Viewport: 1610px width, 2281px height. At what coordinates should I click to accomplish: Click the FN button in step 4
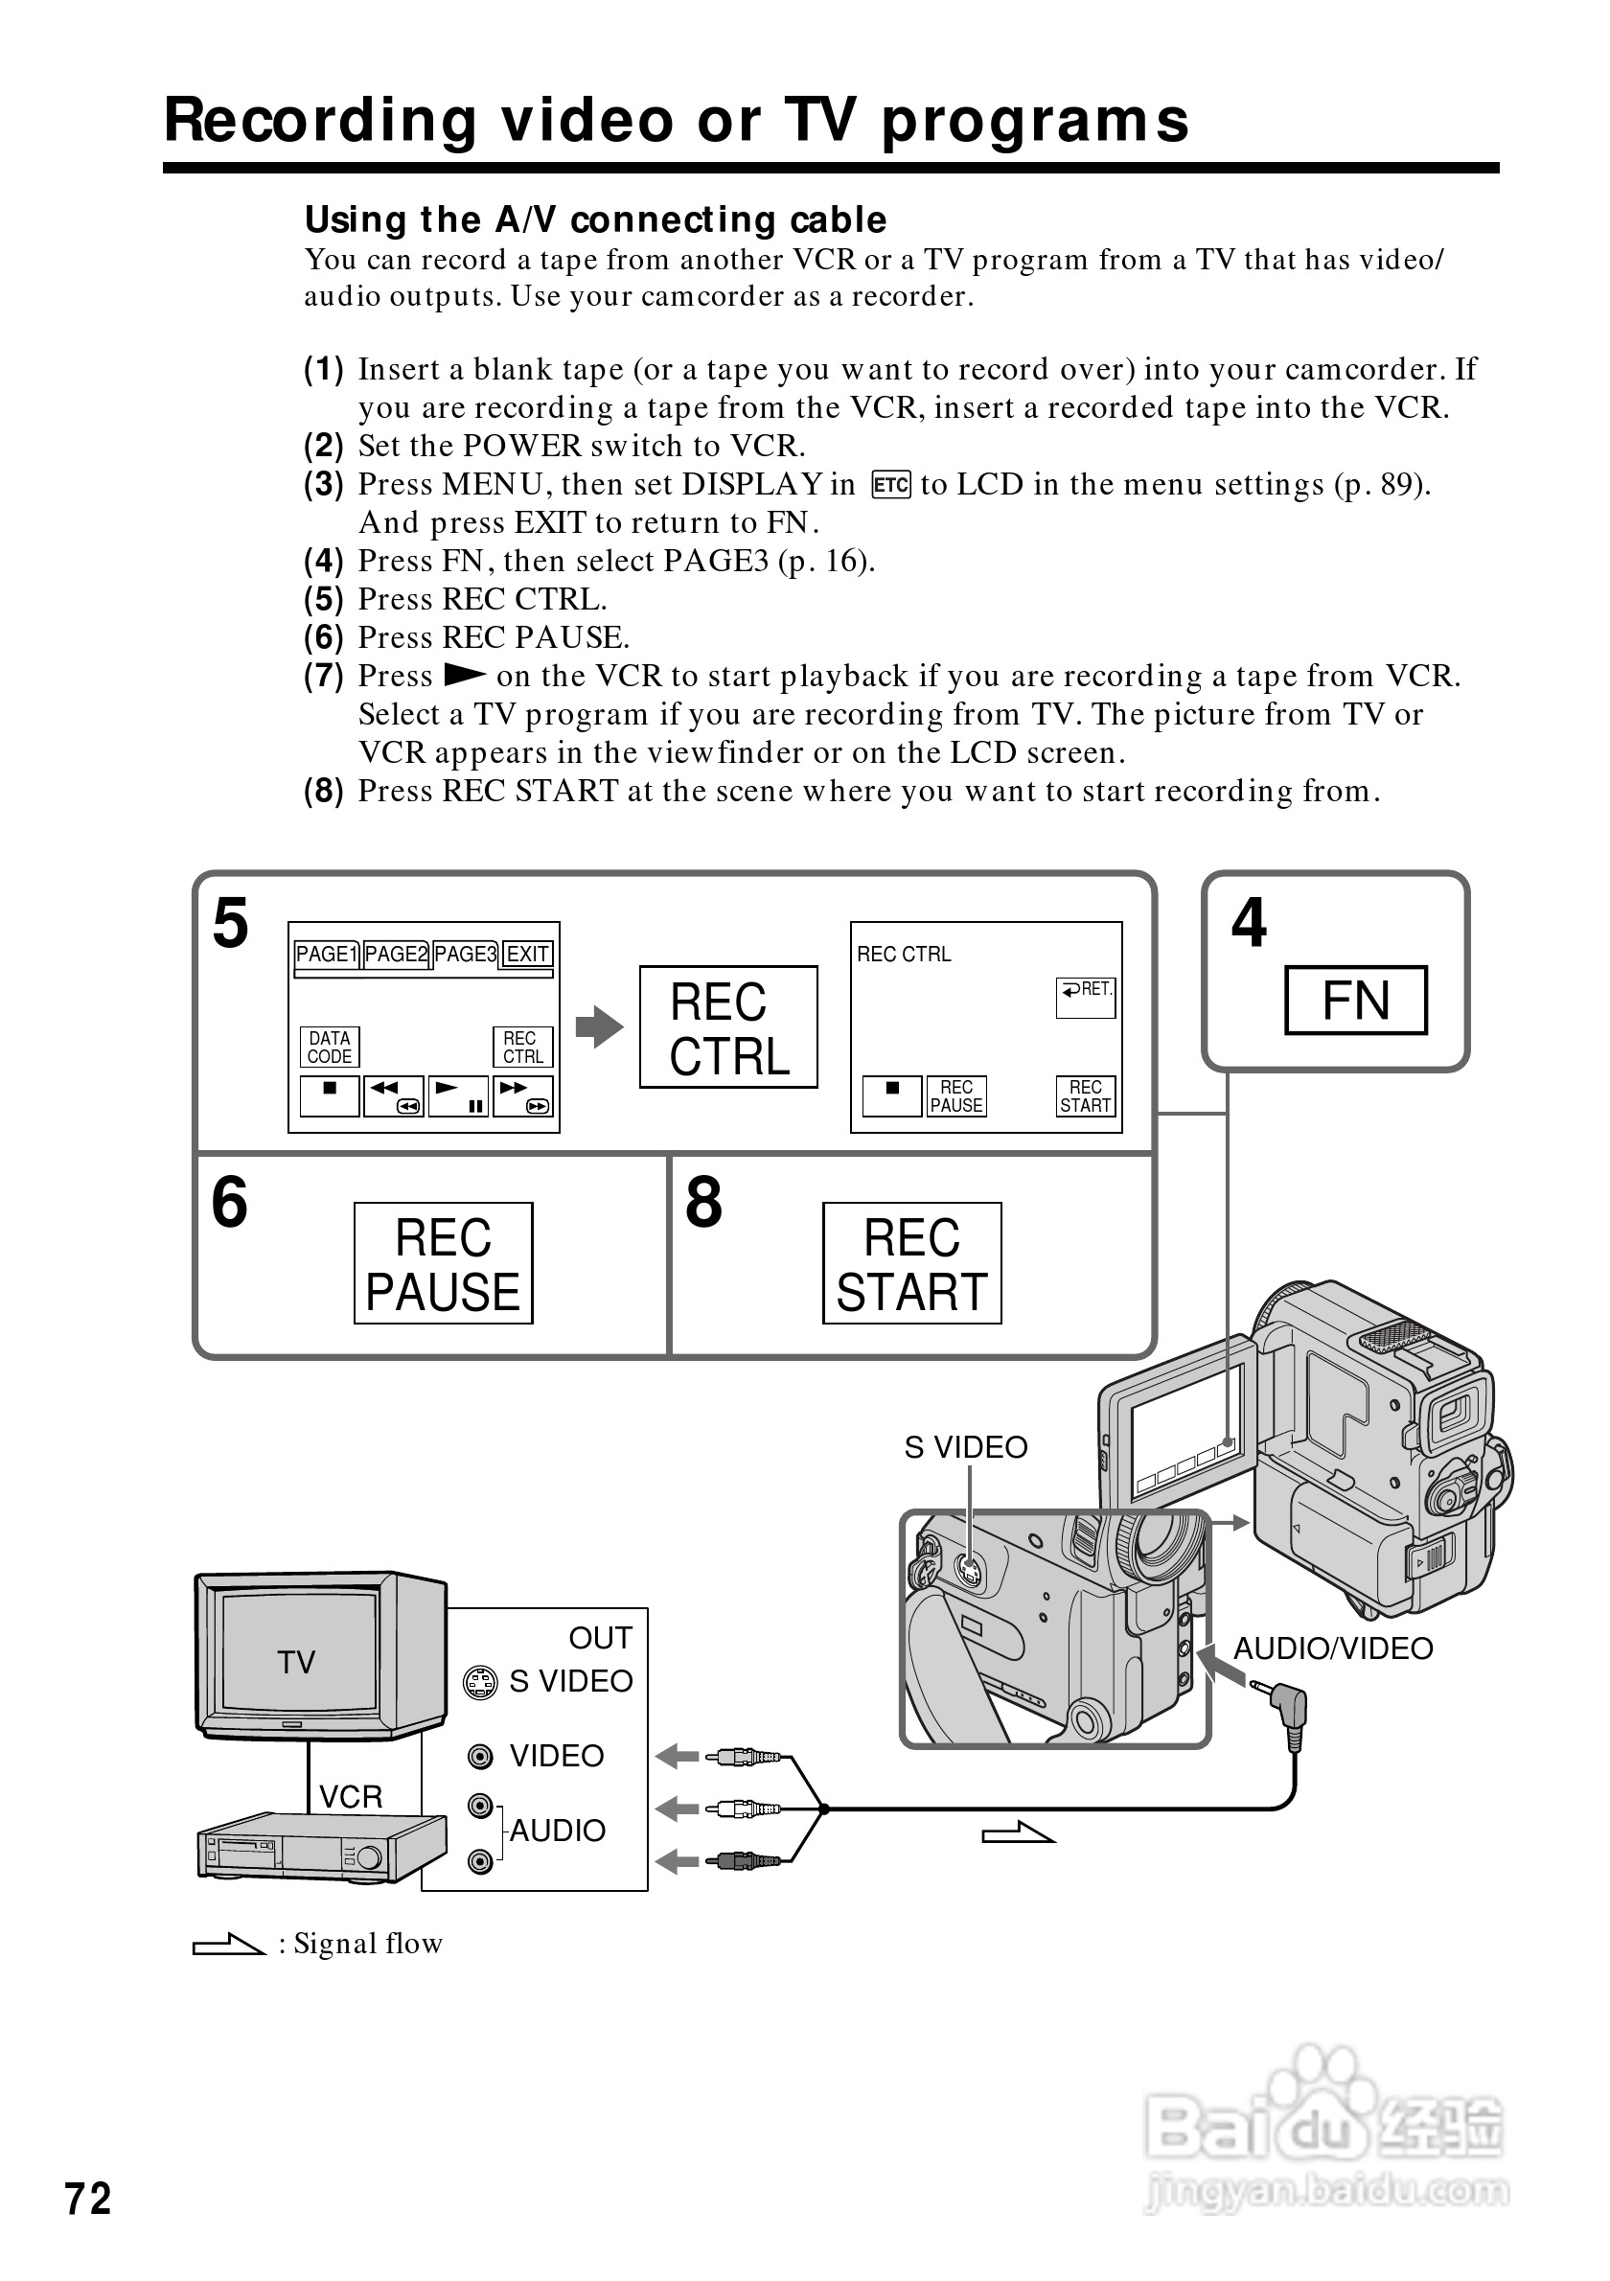pos(1356,1001)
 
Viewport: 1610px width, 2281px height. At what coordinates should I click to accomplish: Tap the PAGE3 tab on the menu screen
pos(465,955)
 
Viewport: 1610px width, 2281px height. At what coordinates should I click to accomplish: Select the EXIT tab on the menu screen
pos(527,955)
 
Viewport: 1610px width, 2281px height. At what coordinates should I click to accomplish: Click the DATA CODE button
pos(329,1048)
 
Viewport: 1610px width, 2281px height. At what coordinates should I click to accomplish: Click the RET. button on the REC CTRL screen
pos(1086,998)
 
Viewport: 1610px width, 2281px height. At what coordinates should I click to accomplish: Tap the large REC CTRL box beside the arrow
pos(728,1027)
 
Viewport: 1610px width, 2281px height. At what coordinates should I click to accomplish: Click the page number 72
pos(88,2199)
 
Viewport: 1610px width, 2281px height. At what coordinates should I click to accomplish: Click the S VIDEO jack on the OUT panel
pos(481,1683)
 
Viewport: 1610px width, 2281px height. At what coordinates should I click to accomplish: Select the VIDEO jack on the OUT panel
pos(481,1758)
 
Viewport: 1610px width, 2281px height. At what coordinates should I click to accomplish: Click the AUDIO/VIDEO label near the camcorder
pos(1333,1649)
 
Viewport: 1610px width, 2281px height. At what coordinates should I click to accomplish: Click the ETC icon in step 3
pos(891,485)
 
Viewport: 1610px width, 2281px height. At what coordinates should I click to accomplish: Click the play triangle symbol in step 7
pos(464,676)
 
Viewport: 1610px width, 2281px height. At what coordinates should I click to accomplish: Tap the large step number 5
pos(230,923)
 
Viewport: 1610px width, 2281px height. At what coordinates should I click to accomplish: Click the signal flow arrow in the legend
pos(228,1945)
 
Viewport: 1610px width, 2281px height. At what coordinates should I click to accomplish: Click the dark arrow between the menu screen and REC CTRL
pos(600,1027)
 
